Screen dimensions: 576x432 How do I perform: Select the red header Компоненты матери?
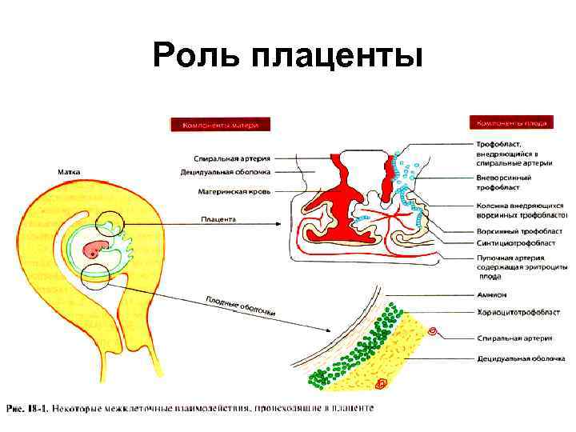click(x=219, y=125)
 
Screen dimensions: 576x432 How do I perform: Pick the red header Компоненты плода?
click(x=512, y=124)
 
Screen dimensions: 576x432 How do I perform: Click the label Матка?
click(x=67, y=171)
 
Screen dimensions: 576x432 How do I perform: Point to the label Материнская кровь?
click(x=234, y=192)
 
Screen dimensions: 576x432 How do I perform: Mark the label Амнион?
click(x=492, y=294)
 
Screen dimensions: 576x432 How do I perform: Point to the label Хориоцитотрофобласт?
click(x=518, y=312)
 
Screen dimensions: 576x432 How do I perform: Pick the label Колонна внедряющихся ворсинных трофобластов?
click(x=520, y=210)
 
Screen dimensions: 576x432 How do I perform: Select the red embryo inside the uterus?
click(x=101, y=246)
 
